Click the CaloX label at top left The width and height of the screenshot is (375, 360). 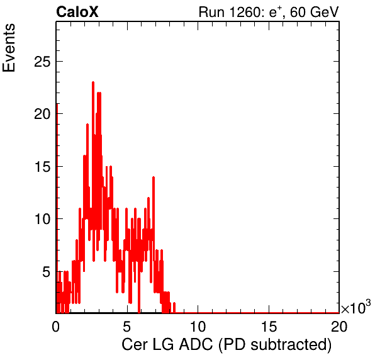[x=77, y=12]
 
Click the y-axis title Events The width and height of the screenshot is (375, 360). [x=9, y=48]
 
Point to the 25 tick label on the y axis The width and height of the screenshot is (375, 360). [x=42, y=62]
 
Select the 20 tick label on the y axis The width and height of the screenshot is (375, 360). [x=42, y=114]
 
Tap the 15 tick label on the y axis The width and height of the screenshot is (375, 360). [x=42, y=167]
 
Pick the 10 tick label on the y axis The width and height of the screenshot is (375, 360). [x=42, y=219]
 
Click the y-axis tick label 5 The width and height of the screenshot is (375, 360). [x=47, y=272]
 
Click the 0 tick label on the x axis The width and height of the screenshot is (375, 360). [x=56, y=326]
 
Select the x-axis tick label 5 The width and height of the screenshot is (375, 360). [x=126, y=326]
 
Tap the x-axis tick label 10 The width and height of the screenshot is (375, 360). [x=198, y=326]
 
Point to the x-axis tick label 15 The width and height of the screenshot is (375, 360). [x=269, y=326]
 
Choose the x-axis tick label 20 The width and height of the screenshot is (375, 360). [x=339, y=326]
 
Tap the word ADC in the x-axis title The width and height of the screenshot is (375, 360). [x=196, y=345]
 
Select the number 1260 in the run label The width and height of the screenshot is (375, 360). [x=245, y=12]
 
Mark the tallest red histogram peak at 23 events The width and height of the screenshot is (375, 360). [x=93, y=83]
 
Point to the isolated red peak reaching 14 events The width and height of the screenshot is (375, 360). [x=154, y=177]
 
